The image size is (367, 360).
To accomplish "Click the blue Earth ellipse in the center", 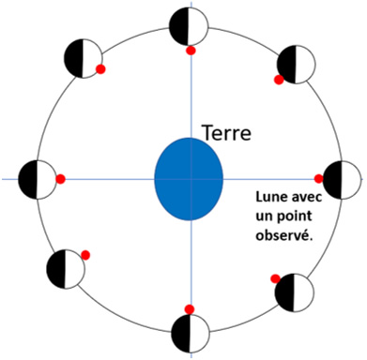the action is (x=189, y=179).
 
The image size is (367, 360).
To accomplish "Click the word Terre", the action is (x=227, y=133).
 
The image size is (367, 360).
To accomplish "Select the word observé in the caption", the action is (x=284, y=235).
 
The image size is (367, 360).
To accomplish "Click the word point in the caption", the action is (x=296, y=217).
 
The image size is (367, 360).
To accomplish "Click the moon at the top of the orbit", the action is (x=189, y=26).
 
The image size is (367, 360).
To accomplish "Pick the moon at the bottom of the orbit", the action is (x=191, y=333).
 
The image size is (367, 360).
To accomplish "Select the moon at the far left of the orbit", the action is (x=38, y=179).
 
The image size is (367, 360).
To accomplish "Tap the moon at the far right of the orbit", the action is (x=342, y=180).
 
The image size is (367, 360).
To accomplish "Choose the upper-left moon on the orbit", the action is (x=83, y=58).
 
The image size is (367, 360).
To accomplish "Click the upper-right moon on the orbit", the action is (x=296, y=65).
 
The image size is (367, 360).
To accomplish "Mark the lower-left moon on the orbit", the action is (x=66, y=269).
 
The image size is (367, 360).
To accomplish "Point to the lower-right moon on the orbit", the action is (x=294, y=292).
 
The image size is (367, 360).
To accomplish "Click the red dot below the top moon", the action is (x=191, y=51).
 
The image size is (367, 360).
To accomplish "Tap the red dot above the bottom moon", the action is (x=190, y=309).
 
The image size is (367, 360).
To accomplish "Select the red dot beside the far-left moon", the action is (x=60, y=179).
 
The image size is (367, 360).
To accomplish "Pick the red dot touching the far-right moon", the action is (x=319, y=179).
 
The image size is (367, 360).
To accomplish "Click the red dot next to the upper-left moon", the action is (x=100, y=69).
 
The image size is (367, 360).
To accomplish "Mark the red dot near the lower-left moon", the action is (x=85, y=255).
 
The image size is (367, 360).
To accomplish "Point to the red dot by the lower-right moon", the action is (x=276, y=278).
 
